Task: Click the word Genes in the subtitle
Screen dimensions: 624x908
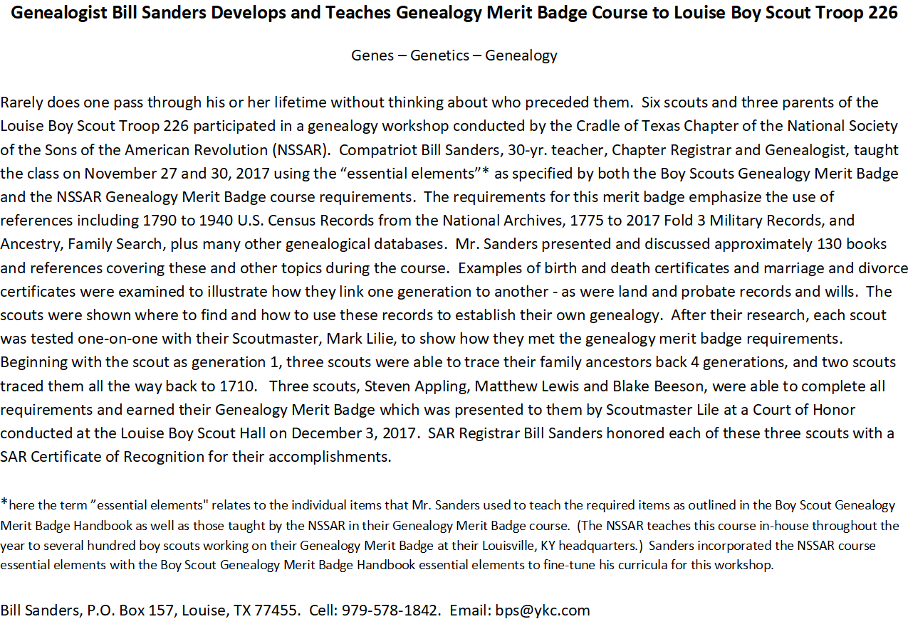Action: point(372,55)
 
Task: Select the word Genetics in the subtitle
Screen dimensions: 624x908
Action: point(439,55)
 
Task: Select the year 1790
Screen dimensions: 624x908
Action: point(157,221)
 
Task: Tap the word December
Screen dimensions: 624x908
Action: point(324,433)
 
